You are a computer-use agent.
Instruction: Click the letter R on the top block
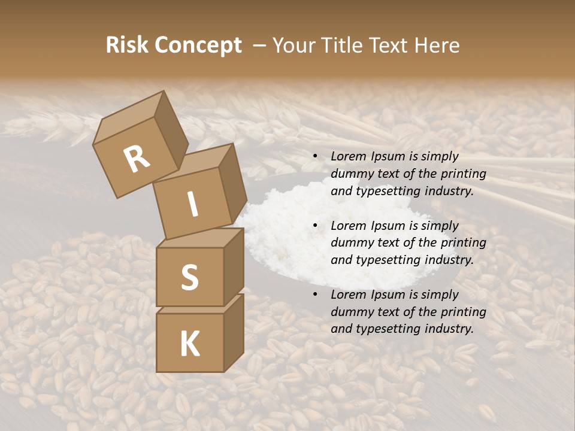tap(137, 159)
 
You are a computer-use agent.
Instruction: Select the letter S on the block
tap(189, 277)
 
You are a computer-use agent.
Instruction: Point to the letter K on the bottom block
tap(189, 344)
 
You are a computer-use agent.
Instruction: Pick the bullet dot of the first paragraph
tap(315, 157)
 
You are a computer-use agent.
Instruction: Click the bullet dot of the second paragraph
tap(315, 226)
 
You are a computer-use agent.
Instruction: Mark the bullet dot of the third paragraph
tap(315, 295)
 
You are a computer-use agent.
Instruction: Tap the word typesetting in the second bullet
tap(382, 260)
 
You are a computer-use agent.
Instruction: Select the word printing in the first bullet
tap(464, 174)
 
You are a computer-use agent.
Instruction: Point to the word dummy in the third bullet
tap(350, 312)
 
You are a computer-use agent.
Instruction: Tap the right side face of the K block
tap(234, 332)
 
